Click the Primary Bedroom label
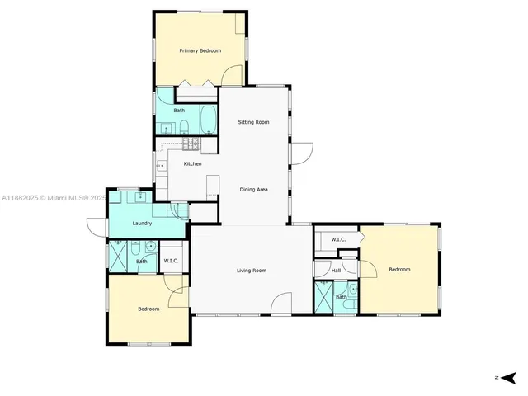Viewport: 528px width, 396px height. (x=200, y=51)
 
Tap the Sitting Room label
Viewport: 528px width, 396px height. (x=253, y=122)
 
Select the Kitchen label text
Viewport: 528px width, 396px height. (x=192, y=163)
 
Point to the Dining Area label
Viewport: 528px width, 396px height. (x=253, y=190)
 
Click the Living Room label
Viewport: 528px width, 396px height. (x=252, y=271)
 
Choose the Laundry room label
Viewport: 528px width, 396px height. (x=142, y=223)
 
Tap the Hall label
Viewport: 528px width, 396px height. (x=336, y=271)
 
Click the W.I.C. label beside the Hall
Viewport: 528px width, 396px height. (x=337, y=239)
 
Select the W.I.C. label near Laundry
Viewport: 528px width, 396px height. (x=172, y=261)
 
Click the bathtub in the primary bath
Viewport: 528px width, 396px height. (x=207, y=120)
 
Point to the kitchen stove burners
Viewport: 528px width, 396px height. (x=191, y=144)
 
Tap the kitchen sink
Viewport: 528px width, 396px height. (x=161, y=166)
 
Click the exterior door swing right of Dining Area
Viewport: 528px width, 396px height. (x=304, y=153)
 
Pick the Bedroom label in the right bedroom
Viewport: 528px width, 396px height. (x=399, y=269)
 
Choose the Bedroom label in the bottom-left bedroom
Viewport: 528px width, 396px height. (x=148, y=309)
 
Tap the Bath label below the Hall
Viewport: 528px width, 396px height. (x=341, y=297)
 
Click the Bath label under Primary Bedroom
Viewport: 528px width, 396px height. (x=179, y=110)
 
